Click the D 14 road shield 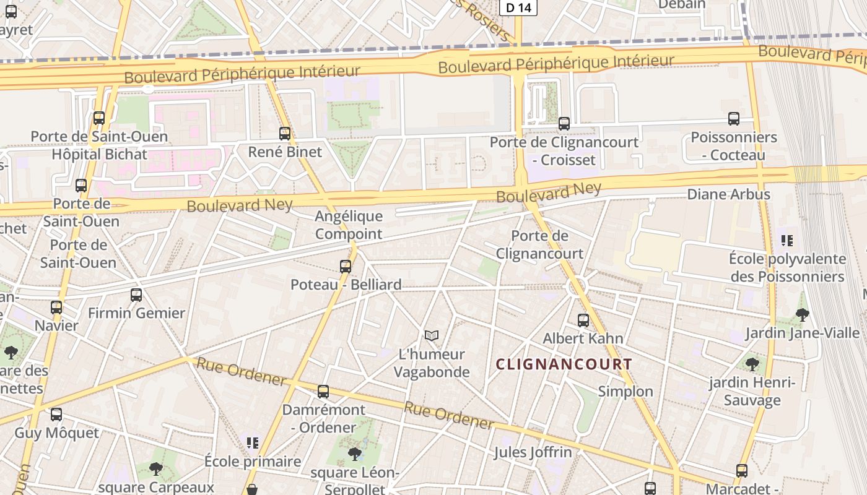pyautogui.click(x=518, y=7)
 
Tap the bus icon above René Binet pyautogui.click(x=285, y=133)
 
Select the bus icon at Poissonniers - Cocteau pyautogui.click(x=734, y=118)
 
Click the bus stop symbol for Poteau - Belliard pyautogui.click(x=346, y=267)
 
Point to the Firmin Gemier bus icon pyautogui.click(x=136, y=295)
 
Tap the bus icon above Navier pyautogui.click(x=56, y=307)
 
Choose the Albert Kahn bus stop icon pyautogui.click(x=583, y=320)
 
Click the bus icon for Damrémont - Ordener pyautogui.click(x=323, y=391)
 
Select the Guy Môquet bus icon pyautogui.click(x=56, y=414)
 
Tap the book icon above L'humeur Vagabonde pyautogui.click(x=432, y=335)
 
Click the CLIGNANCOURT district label pyautogui.click(x=564, y=364)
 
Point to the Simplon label pyautogui.click(x=625, y=391)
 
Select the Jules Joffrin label pyautogui.click(x=533, y=452)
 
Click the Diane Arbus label pyautogui.click(x=728, y=194)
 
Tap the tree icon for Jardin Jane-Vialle pyautogui.click(x=802, y=314)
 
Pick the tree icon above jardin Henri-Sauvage pyautogui.click(x=752, y=364)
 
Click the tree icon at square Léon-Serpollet pyautogui.click(x=355, y=455)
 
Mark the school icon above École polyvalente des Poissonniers pyautogui.click(x=787, y=240)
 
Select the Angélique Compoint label pyautogui.click(x=349, y=225)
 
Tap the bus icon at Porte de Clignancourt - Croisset pyautogui.click(x=564, y=123)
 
